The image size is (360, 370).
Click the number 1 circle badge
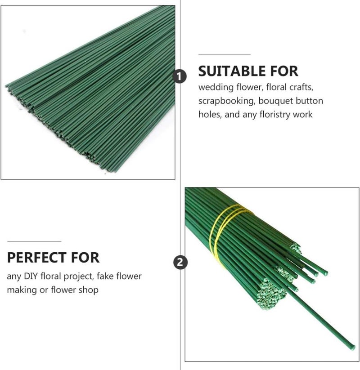point(180,76)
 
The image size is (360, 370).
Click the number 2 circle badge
point(180,262)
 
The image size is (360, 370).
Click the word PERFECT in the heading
point(36,258)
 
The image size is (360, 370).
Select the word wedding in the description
point(216,87)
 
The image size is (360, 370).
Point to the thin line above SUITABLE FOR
point(225,55)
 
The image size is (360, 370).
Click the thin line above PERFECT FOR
point(34,241)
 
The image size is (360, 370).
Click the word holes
point(210,115)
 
